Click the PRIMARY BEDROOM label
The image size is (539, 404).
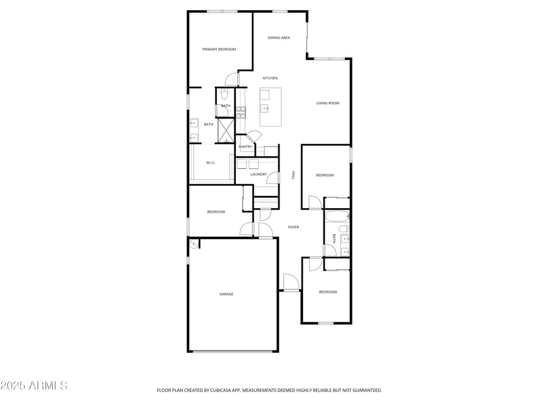(220, 49)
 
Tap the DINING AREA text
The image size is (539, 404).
(279, 38)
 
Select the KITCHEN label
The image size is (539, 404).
(270, 78)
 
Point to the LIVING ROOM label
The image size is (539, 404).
(327, 103)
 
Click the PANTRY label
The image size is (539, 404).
(245, 147)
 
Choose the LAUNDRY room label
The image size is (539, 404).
(259, 174)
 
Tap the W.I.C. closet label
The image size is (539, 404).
(210, 162)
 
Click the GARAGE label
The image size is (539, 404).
(226, 294)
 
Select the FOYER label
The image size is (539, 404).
(294, 227)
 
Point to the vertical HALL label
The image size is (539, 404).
(293, 174)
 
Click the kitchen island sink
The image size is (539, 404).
(265, 108)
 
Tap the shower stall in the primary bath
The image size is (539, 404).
(225, 130)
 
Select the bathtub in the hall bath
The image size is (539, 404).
(336, 217)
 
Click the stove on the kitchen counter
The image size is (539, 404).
(240, 112)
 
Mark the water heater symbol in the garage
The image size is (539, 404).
(194, 245)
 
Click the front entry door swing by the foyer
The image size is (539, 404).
(290, 282)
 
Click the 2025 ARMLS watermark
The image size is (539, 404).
(34, 386)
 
